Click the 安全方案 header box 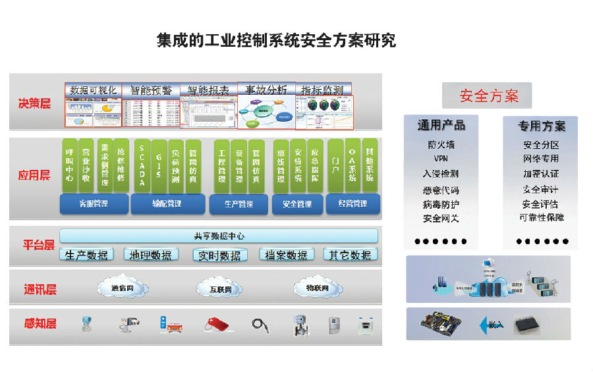pyautogui.click(x=488, y=95)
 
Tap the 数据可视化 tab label pyautogui.click(x=93, y=90)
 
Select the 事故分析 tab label pyautogui.click(x=266, y=90)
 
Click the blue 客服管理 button pyautogui.click(x=93, y=204)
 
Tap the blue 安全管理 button pyautogui.click(x=297, y=204)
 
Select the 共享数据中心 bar pyautogui.click(x=219, y=236)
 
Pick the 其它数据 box pyautogui.click(x=350, y=255)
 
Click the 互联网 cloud pyautogui.click(x=220, y=289)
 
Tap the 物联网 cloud pyautogui.click(x=318, y=288)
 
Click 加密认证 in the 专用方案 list pyautogui.click(x=540, y=174)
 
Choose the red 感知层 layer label pyautogui.click(x=40, y=324)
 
